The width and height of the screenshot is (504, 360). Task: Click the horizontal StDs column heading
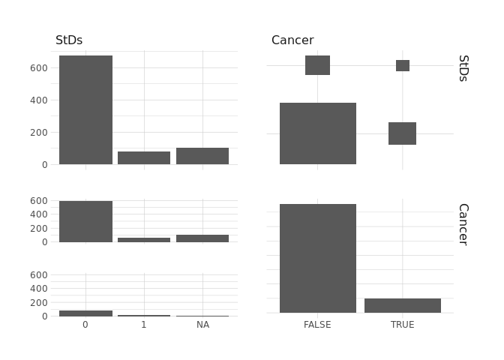69,40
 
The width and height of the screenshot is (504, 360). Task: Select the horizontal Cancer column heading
292,40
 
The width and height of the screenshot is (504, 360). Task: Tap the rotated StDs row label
463,68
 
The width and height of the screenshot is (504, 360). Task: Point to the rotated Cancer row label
463,224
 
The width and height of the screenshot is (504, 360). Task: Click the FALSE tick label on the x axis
317,325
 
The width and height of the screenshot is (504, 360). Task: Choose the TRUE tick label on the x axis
402,325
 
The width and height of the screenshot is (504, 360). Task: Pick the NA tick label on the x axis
202,325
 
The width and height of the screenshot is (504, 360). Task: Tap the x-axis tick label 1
144,325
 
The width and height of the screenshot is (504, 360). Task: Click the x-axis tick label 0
85,325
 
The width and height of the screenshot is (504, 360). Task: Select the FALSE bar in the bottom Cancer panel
317,258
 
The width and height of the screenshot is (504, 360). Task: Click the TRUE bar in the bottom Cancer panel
402,305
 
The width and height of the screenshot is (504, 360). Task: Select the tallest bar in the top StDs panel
85,109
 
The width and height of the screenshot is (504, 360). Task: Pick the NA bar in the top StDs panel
202,156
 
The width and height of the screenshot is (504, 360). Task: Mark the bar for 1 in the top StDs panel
144,157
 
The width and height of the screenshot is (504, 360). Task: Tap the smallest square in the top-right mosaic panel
403,66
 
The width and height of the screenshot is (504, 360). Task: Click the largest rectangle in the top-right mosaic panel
317,133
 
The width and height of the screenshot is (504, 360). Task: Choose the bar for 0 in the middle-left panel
85,221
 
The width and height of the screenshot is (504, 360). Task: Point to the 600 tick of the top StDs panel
39,67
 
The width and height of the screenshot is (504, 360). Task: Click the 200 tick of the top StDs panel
39,132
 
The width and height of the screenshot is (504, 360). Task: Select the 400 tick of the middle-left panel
39,214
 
